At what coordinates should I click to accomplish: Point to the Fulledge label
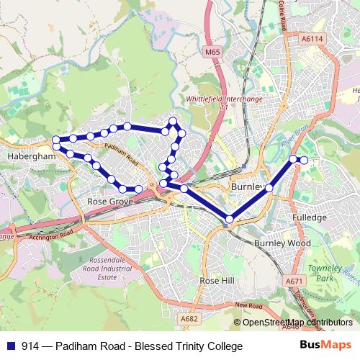[310, 217]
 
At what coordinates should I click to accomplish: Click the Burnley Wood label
[282, 243]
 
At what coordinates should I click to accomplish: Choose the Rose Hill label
[217, 279]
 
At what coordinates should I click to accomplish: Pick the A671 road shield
[294, 281]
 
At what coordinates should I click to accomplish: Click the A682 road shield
[189, 318]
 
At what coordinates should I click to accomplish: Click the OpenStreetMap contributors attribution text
[297, 322]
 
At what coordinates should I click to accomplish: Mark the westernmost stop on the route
[55, 140]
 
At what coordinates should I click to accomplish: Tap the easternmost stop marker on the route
[304, 160]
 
